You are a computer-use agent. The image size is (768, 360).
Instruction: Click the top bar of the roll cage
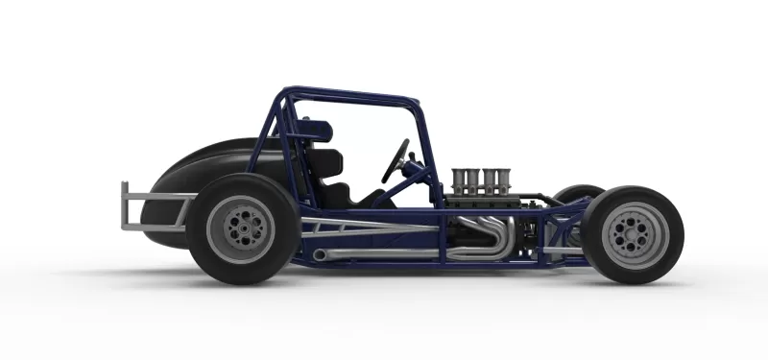tap(350, 95)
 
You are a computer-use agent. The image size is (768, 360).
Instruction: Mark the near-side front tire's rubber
tap(667, 259)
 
